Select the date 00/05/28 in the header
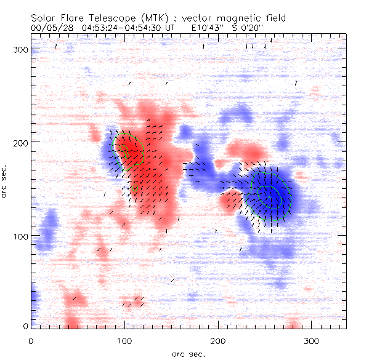click(52, 28)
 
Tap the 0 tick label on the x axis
click(31, 340)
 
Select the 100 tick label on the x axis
click(124, 340)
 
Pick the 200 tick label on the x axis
click(218, 340)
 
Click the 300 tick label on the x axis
click(312, 340)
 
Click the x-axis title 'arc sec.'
click(188, 353)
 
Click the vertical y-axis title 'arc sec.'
click(6, 182)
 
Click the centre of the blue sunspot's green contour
click(269, 196)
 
